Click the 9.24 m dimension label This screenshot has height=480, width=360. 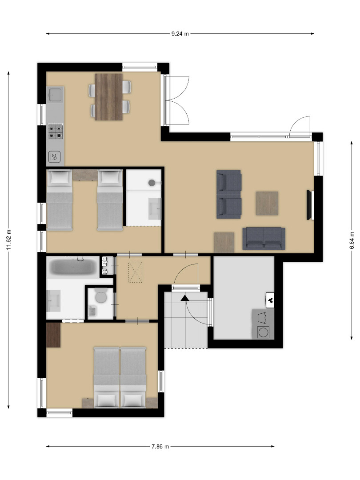coord(180,34)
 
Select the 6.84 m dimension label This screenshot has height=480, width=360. coord(352,240)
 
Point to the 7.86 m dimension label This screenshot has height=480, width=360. coord(160,446)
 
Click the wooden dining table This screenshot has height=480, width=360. coord(109,97)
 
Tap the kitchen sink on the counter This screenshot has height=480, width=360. coord(55,94)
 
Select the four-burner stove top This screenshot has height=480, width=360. coord(56,132)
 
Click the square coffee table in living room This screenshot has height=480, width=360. coord(267,203)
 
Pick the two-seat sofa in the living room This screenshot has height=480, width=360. coord(264,239)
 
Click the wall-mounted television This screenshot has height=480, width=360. coord(309,205)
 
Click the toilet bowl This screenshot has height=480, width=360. coord(100,296)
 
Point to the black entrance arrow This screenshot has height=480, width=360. coord(185,298)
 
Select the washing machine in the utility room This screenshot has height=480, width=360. coord(263,332)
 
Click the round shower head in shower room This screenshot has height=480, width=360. coord(152,183)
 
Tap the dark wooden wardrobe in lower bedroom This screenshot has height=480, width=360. coord(53,335)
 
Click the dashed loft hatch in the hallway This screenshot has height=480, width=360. coord(135,272)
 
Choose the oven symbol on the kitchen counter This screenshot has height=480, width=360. coord(55,157)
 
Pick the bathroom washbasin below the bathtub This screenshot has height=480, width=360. coord(53,300)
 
